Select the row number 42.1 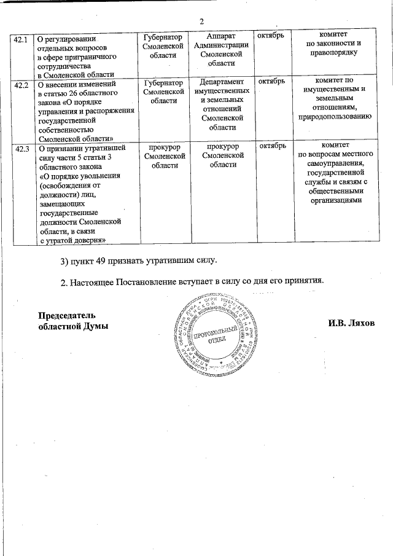pyautogui.click(x=21, y=39)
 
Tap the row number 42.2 pyautogui.click(x=21, y=84)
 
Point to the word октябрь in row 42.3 pyautogui.click(x=271, y=146)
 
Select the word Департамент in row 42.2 pyautogui.click(x=221, y=82)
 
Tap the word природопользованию pyautogui.click(x=335, y=116)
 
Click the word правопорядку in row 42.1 pyautogui.click(x=335, y=53)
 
